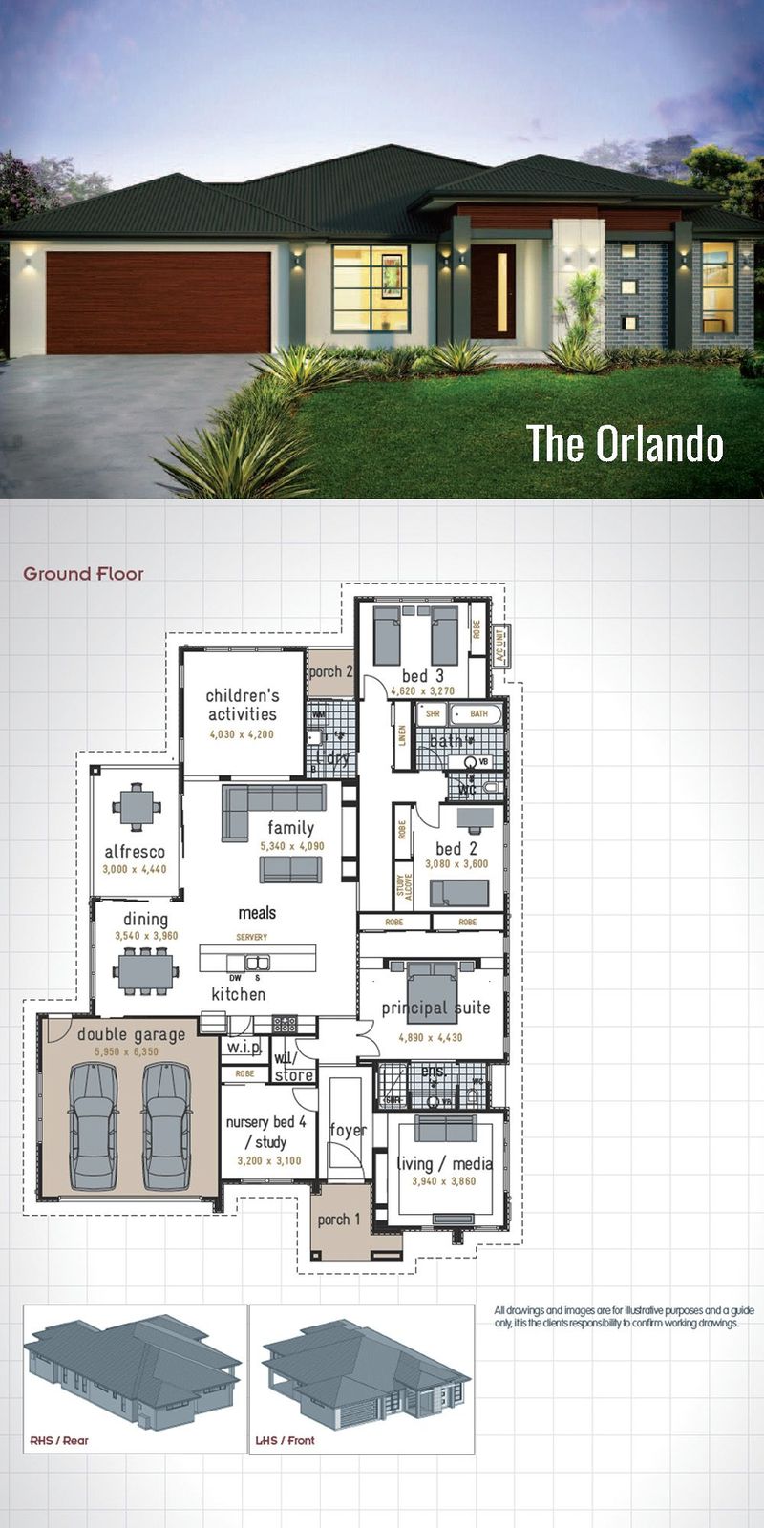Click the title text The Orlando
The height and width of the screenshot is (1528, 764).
[x=625, y=444]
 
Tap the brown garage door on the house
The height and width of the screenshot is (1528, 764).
[x=158, y=303]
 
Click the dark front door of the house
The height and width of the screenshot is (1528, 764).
[x=493, y=291]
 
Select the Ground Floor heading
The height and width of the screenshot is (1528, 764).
[x=83, y=574]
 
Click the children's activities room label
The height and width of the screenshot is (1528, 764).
[x=243, y=705]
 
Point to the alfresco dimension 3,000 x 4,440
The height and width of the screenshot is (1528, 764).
[x=135, y=870]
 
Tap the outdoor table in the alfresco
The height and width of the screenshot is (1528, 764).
[x=136, y=808]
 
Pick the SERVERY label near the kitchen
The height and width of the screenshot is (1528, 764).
[x=252, y=937]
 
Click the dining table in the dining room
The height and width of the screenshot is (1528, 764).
[x=145, y=973]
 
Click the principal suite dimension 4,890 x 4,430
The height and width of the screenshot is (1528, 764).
[x=430, y=1037]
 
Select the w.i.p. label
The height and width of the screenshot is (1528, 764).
[x=243, y=1048]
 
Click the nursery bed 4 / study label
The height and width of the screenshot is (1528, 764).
[x=265, y=1132]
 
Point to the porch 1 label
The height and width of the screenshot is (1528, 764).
[x=339, y=1220]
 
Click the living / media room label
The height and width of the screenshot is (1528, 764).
[x=444, y=1163]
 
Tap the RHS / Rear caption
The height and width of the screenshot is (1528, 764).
[x=59, y=1440]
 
